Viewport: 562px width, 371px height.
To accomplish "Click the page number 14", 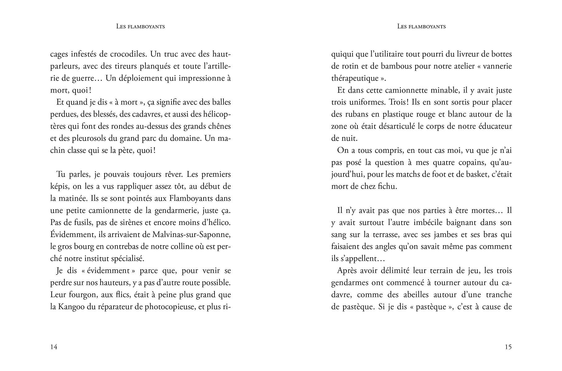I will (54, 347).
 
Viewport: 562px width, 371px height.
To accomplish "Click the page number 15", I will (508, 347).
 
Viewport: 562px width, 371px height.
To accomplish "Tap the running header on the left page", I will (140, 27).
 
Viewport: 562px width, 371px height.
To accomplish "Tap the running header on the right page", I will (421, 27).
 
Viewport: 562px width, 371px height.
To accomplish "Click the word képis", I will (59, 186).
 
